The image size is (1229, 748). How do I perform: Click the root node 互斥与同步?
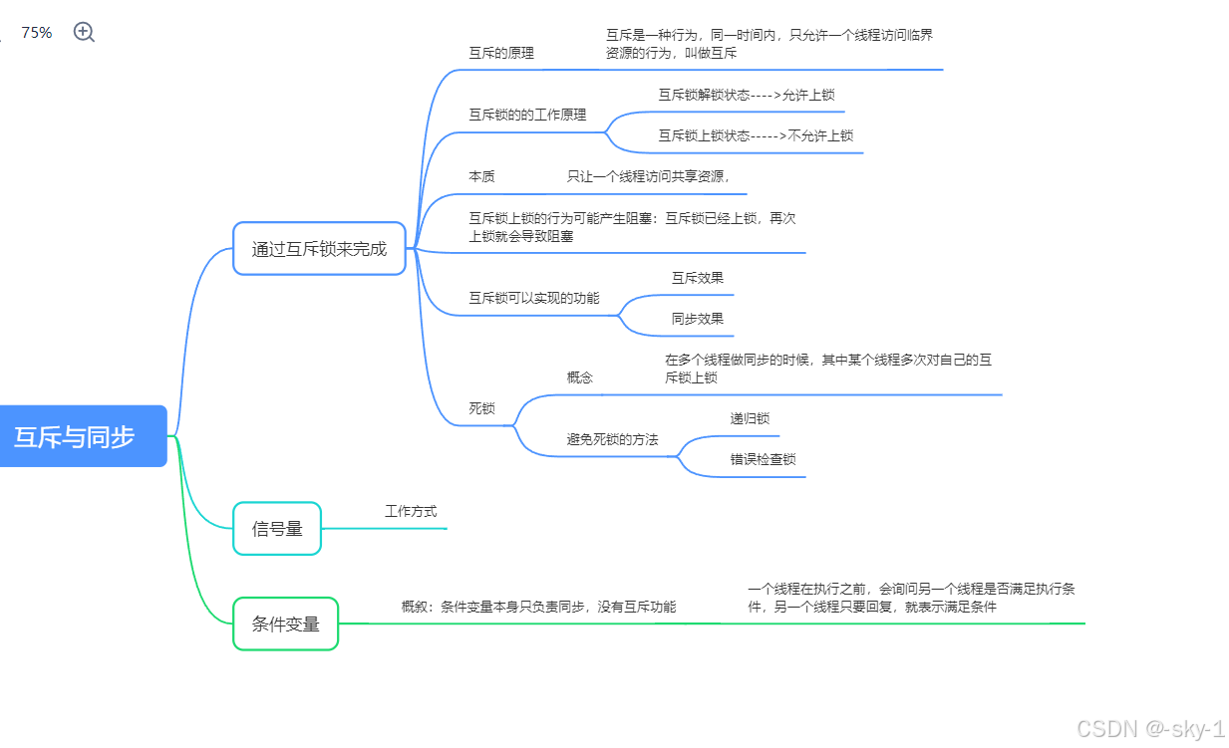[x=76, y=436]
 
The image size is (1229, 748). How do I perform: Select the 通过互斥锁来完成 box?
[x=319, y=249]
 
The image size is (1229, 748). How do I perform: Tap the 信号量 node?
[x=277, y=529]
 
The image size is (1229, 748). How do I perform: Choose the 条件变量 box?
[x=285, y=624]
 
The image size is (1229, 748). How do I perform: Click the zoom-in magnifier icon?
[x=85, y=32]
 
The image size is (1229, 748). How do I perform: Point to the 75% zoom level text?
[x=37, y=32]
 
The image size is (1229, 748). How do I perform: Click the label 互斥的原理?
[x=501, y=53]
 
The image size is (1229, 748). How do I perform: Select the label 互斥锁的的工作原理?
[x=527, y=115]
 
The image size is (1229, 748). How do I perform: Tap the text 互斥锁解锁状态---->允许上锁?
[x=746, y=95]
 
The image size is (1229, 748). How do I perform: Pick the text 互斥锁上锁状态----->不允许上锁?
[x=756, y=135]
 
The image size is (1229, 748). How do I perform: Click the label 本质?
[x=481, y=176]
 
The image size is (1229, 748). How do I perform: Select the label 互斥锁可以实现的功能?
[x=534, y=298]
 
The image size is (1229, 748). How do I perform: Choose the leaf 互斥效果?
[x=697, y=278]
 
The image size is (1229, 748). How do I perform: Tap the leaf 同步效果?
[x=697, y=319]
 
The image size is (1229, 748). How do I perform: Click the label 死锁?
[x=481, y=408]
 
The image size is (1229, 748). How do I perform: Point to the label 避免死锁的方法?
[x=612, y=439]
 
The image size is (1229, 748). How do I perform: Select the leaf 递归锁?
[x=750, y=418]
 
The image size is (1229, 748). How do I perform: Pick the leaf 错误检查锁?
[x=763, y=459]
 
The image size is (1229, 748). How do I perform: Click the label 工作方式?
[x=411, y=511]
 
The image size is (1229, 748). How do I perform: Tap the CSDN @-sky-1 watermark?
[x=1150, y=728]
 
